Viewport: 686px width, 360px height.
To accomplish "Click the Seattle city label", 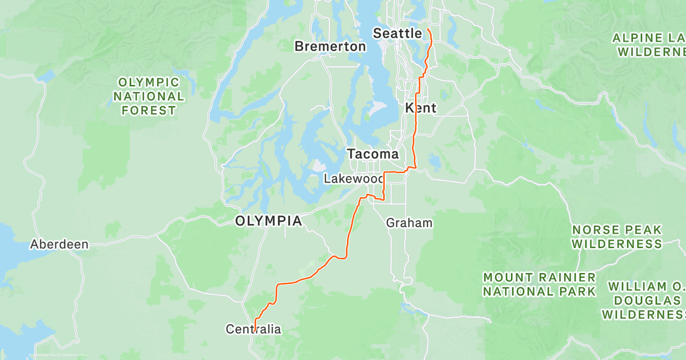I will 397,34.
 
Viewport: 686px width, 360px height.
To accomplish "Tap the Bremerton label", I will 330,47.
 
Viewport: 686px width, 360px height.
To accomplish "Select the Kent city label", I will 421,108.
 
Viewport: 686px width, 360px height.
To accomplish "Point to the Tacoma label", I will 373,154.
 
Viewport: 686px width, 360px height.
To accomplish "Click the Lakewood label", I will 353,179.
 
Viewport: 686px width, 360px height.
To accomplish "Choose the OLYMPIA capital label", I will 269,221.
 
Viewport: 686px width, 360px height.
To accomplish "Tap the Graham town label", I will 409,223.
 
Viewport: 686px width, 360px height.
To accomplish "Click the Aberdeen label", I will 59,245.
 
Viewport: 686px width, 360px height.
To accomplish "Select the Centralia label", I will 253,329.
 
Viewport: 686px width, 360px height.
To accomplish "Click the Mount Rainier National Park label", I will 539,285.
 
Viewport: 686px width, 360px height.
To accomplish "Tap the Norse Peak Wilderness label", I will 617,237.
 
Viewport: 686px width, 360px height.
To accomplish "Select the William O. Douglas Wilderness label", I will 646,300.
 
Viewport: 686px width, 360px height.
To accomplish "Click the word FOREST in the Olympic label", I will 149,111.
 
